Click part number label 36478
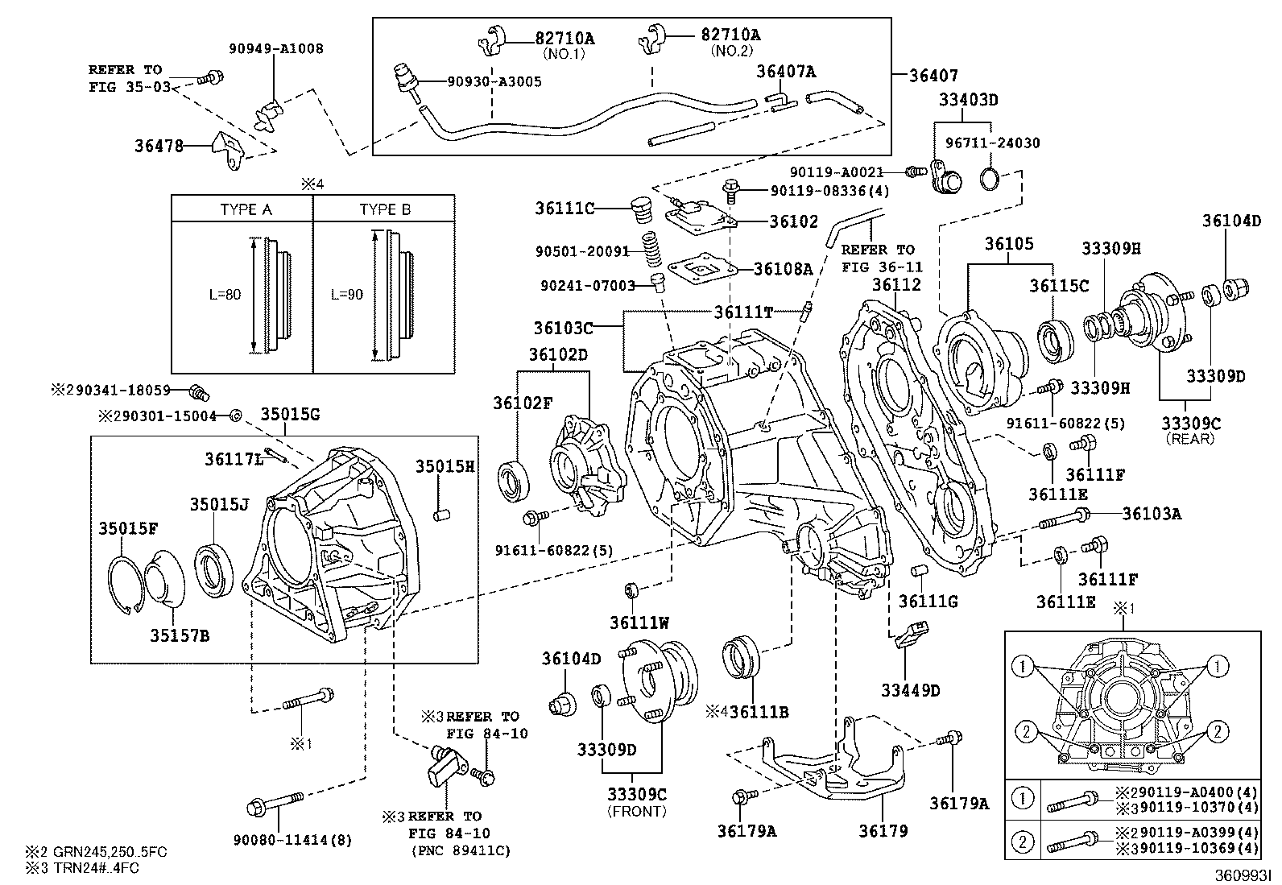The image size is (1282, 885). point(159,146)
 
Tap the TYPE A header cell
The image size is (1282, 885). point(246,209)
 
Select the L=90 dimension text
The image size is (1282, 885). point(347,295)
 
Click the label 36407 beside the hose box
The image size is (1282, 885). point(933,76)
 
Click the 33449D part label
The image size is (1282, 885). point(910,690)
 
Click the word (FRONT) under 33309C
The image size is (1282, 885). point(637,811)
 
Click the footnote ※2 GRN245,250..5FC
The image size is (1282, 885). point(96,851)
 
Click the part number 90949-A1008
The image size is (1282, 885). point(286,48)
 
